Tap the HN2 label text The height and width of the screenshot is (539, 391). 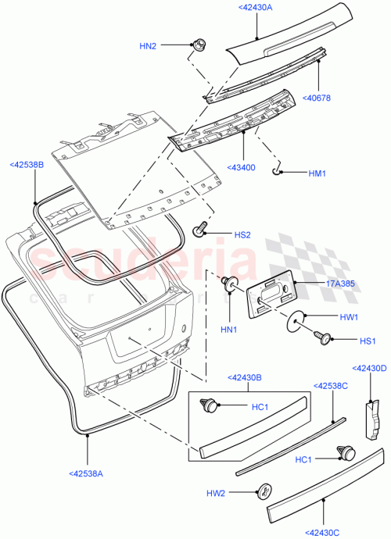click(148, 46)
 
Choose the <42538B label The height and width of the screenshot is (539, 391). click(27, 165)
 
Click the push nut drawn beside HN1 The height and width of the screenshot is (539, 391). click(231, 283)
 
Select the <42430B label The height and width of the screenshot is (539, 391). click(245, 377)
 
